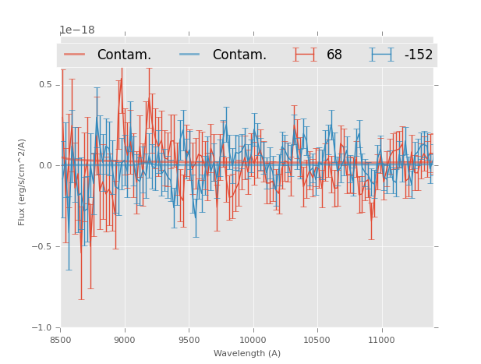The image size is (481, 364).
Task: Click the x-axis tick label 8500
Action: coord(61,340)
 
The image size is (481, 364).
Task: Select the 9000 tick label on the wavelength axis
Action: coord(125,340)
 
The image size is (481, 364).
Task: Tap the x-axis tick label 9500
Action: coord(189,340)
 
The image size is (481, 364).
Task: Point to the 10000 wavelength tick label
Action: coord(253,340)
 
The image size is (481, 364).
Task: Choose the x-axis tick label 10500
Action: coord(317,340)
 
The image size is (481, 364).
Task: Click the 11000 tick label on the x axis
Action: coord(381,340)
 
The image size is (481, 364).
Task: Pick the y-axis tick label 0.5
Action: coord(45,85)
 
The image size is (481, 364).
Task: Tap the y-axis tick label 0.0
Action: coord(45,166)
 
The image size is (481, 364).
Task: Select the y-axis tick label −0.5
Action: coord(43,247)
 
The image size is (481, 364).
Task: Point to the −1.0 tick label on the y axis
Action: coord(43,328)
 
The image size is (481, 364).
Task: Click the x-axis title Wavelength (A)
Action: coord(247,354)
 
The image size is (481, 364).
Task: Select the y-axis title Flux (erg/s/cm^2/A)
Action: coord(22,182)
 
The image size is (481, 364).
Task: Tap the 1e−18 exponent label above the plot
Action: coord(77,30)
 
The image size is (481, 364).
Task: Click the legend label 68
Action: coord(334,55)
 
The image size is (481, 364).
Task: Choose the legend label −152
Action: coord(418,55)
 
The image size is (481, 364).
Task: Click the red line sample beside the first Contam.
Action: coord(75,55)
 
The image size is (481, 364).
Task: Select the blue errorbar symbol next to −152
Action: coord(381,55)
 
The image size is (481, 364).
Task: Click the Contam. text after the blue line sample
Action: coord(239,55)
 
